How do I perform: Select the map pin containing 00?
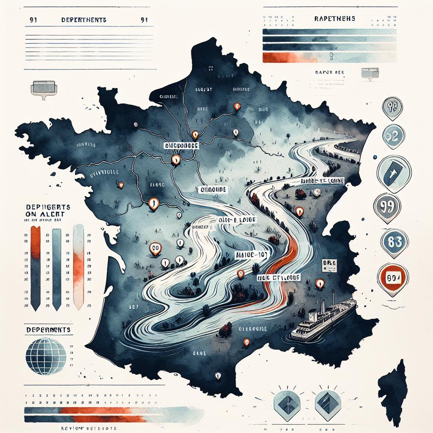point(155,248)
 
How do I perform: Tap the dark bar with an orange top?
point(36,266)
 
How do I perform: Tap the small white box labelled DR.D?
point(329,263)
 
